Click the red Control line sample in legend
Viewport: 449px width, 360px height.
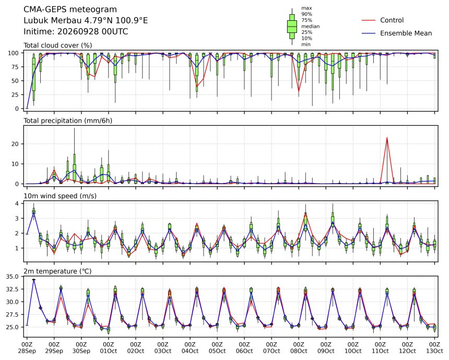(369, 20)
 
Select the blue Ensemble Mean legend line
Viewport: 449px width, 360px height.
(369, 33)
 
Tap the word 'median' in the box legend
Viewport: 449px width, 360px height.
(311, 26)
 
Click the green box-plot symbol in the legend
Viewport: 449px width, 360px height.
(292, 26)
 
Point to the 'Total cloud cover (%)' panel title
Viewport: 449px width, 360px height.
(58, 45)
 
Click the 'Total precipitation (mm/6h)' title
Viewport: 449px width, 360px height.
(68, 121)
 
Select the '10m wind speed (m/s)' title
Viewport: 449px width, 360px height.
(60, 196)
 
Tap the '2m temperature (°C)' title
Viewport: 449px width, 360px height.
(57, 271)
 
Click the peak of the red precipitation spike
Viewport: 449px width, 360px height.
(387, 138)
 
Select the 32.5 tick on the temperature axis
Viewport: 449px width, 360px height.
(13, 290)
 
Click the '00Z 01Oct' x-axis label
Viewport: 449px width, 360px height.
(109, 347)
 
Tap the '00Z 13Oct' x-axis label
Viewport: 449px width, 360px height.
(434, 347)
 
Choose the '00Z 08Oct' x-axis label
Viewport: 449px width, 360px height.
(299, 347)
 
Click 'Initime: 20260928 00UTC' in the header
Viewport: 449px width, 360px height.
(76, 31)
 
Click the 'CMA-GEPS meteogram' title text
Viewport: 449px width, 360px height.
(70, 9)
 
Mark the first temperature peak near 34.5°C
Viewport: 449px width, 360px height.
(34, 279)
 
